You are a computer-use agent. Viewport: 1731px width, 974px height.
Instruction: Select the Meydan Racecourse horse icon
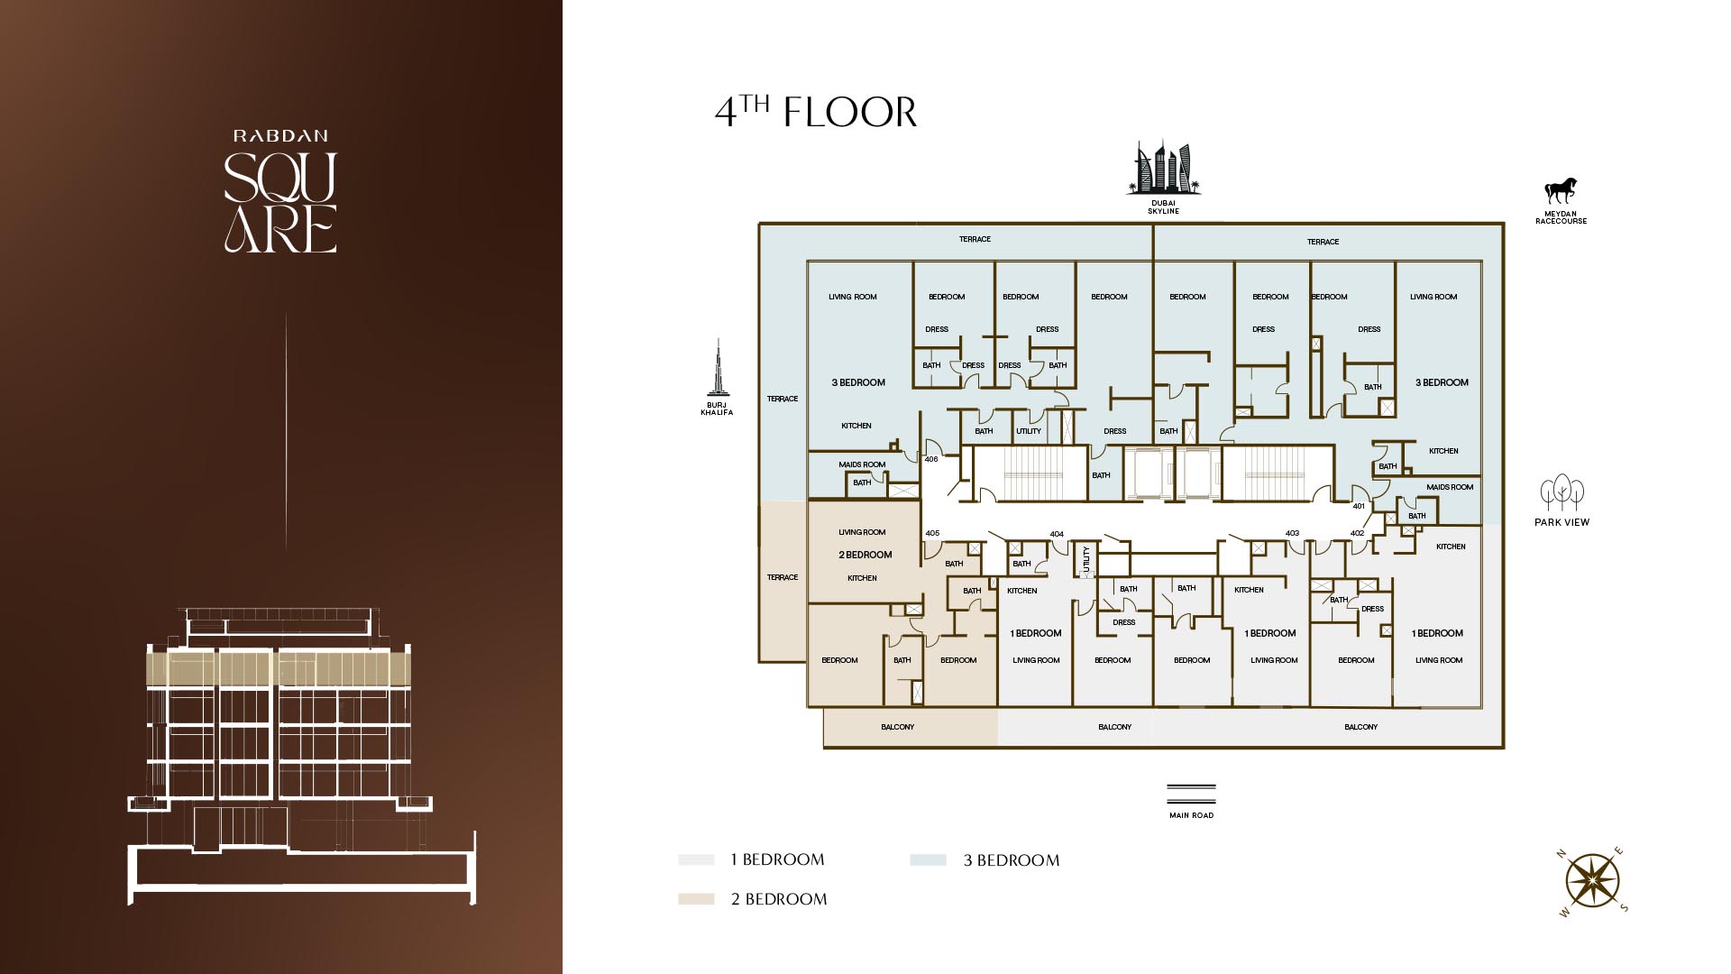pyautogui.click(x=1561, y=190)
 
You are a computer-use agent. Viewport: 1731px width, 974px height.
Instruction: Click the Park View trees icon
pyautogui.click(x=1562, y=493)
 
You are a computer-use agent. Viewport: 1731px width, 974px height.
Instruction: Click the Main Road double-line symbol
pyautogui.click(x=1191, y=794)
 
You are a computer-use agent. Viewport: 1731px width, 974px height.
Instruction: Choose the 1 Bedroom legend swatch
pyautogui.click(x=696, y=859)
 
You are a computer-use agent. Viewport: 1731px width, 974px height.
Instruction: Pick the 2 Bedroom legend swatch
pyautogui.click(x=696, y=899)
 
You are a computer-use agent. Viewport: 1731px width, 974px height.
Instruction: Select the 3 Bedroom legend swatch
pyautogui.click(x=929, y=860)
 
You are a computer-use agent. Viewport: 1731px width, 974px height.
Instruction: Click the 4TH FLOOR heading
pyautogui.click(x=816, y=112)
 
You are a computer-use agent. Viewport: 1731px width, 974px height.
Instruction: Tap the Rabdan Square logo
pyautogui.click(x=280, y=191)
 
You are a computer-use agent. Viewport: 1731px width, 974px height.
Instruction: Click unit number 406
pyautogui.click(x=931, y=459)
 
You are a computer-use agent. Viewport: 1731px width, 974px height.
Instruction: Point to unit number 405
pyautogui.click(x=932, y=533)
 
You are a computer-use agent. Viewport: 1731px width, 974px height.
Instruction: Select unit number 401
pyautogui.click(x=1359, y=506)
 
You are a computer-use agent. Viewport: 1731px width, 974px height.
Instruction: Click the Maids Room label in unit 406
pyautogui.click(x=862, y=464)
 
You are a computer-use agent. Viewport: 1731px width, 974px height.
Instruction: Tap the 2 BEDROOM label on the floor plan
pyautogui.click(x=865, y=555)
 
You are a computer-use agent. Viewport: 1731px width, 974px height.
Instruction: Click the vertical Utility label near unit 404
pyautogui.click(x=1086, y=559)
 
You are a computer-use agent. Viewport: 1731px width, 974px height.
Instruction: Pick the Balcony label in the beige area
pyautogui.click(x=897, y=727)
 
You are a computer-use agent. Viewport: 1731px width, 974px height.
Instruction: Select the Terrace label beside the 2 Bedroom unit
pyautogui.click(x=783, y=577)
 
